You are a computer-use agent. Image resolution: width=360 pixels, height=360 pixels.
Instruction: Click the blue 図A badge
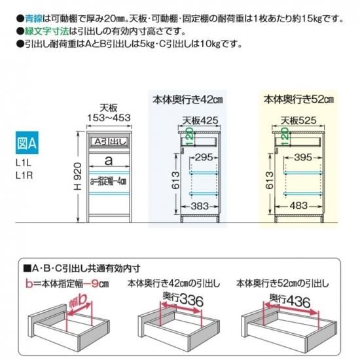coord(27,143)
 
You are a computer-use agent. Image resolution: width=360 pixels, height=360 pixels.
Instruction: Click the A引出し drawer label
coord(110,142)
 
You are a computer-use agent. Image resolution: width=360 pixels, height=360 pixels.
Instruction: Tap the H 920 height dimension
coord(78,176)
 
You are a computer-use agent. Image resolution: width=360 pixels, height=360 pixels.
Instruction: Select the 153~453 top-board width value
coord(109,118)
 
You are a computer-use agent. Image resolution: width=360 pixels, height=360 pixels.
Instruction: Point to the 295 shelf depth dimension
coord(204,158)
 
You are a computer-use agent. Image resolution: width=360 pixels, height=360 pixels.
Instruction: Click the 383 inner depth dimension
coord(200,206)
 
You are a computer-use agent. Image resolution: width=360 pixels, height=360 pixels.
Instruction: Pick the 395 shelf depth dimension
coord(303,158)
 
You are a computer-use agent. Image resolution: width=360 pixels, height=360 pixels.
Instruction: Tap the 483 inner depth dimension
coord(298,206)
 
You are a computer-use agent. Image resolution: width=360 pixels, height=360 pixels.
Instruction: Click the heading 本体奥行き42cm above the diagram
coord(188,100)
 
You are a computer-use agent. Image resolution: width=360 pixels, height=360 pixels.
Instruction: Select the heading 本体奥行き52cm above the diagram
coord(298,99)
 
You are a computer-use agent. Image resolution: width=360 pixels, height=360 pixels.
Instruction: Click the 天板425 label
coord(200,120)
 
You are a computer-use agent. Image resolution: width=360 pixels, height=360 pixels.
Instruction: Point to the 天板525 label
coord(298,120)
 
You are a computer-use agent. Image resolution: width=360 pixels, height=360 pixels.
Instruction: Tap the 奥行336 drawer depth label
coord(183,299)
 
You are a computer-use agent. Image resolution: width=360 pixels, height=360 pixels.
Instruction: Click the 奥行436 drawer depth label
coord(290,300)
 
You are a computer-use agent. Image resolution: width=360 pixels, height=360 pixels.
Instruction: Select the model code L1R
coord(24,175)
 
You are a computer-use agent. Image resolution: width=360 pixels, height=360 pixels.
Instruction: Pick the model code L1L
coord(24,163)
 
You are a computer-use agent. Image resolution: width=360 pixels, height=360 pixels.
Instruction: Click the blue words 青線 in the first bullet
coord(34,18)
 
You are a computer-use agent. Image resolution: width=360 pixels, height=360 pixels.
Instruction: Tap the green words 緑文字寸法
coord(47,31)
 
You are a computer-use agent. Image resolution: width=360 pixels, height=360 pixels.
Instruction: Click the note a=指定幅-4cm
coord(108,182)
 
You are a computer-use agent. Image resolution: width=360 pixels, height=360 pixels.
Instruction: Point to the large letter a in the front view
coord(109,160)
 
